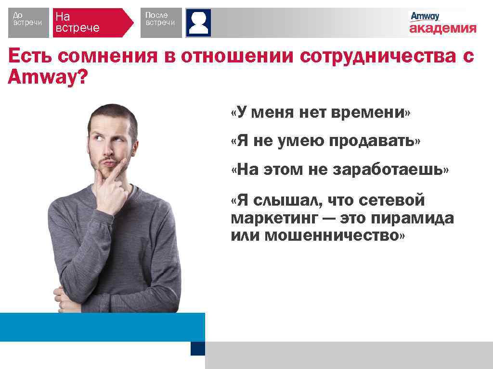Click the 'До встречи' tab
pos(28,23)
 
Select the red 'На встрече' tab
pos(91,23)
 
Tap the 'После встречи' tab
pos(161,23)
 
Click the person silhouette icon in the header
pos(198,23)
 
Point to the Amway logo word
pos(425,16)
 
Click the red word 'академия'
pos(442,29)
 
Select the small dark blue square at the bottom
pos(198,348)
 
